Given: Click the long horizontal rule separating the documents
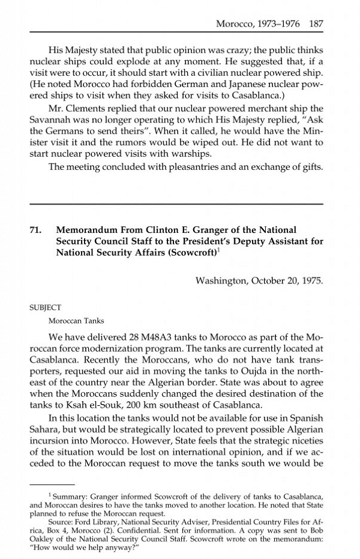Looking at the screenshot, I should [x=176, y=205].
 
